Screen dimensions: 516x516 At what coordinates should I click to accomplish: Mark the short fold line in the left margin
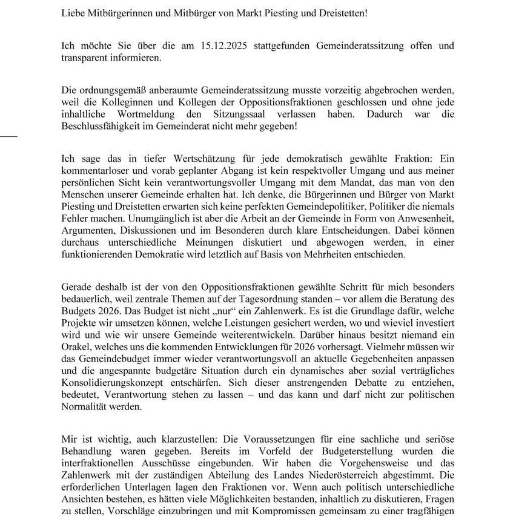tap(8, 135)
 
